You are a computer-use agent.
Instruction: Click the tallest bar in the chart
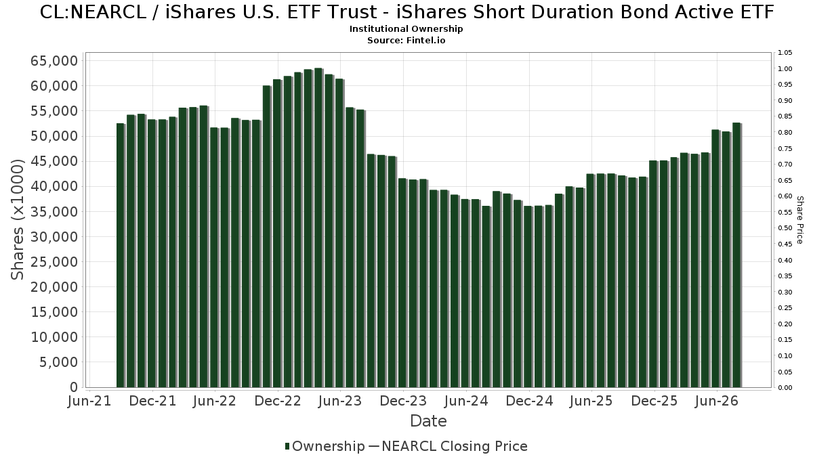click(318, 227)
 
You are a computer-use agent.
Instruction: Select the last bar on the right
click(736, 255)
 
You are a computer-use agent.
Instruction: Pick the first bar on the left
click(121, 255)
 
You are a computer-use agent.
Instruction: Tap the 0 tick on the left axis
click(74, 387)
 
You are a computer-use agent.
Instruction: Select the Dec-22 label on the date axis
click(278, 401)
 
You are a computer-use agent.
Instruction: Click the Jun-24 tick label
click(466, 401)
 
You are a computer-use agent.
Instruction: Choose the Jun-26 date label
click(717, 401)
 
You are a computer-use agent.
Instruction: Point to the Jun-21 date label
click(89, 401)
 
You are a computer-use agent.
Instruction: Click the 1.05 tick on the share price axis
click(785, 53)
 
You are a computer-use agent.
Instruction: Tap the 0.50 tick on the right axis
click(785, 228)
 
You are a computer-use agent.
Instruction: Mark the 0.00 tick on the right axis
click(785, 388)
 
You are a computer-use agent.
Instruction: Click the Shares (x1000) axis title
click(17, 219)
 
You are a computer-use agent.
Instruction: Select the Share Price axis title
click(799, 220)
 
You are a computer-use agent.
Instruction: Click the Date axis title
click(428, 421)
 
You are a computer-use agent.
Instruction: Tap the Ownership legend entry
click(325, 446)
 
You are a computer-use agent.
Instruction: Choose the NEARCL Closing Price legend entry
click(448, 446)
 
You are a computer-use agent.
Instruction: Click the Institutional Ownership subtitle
click(406, 29)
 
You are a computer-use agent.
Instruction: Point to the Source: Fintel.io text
click(406, 40)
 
